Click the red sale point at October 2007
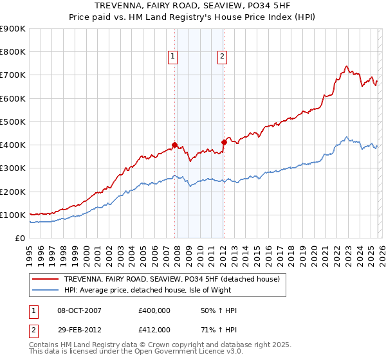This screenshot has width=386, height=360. (174, 145)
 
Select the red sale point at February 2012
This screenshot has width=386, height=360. (224, 142)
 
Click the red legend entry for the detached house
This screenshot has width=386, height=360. (172, 280)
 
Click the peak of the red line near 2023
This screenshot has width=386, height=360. (347, 66)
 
